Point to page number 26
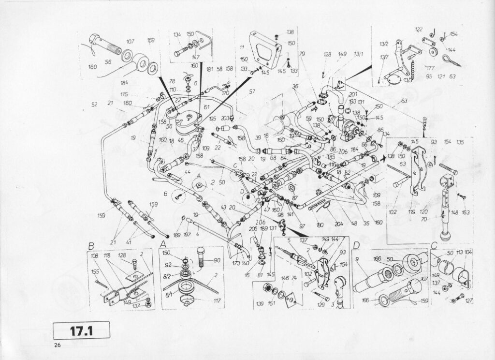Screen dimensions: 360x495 (57, 345)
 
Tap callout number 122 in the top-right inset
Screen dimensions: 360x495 (419, 30)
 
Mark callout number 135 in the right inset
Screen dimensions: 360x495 (460, 142)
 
